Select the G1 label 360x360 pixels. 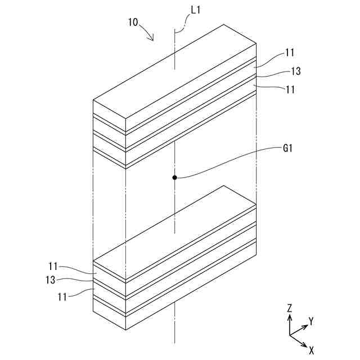click(x=289, y=148)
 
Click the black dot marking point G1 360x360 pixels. click(x=175, y=178)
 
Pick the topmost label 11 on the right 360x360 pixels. click(x=290, y=53)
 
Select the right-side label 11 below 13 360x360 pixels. click(x=290, y=89)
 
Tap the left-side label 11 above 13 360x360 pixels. click(x=54, y=266)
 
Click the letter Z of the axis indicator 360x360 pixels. click(x=289, y=308)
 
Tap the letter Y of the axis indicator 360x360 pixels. click(x=310, y=321)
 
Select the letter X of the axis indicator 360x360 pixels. click(x=311, y=349)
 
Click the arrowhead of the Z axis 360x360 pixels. click(x=289, y=317)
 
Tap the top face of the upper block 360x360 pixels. click(x=174, y=70)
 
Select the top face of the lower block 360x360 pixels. click(x=174, y=231)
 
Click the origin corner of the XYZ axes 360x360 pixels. click(x=289, y=335)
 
